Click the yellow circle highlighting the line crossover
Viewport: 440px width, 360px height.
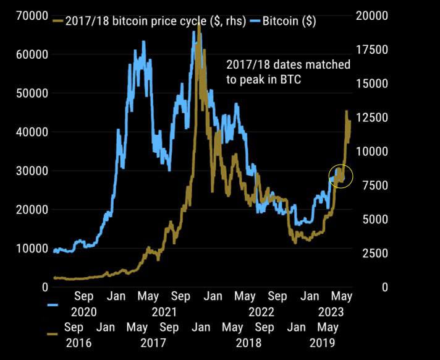point(341,177)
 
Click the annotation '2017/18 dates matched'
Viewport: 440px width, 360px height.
point(288,64)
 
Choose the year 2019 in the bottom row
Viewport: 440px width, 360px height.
point(323,342)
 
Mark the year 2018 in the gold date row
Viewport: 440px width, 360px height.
point(247,342)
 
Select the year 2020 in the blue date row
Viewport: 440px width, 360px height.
point(84,312)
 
